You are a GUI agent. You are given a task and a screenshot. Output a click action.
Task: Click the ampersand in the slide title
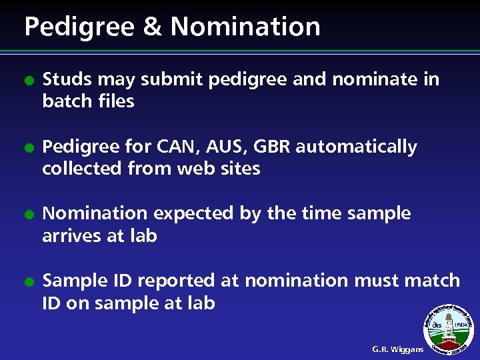tap(154, 27)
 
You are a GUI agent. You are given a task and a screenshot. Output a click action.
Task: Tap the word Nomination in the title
tap(245, 27)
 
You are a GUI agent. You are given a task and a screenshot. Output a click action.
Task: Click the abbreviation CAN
tap(174, 147)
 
